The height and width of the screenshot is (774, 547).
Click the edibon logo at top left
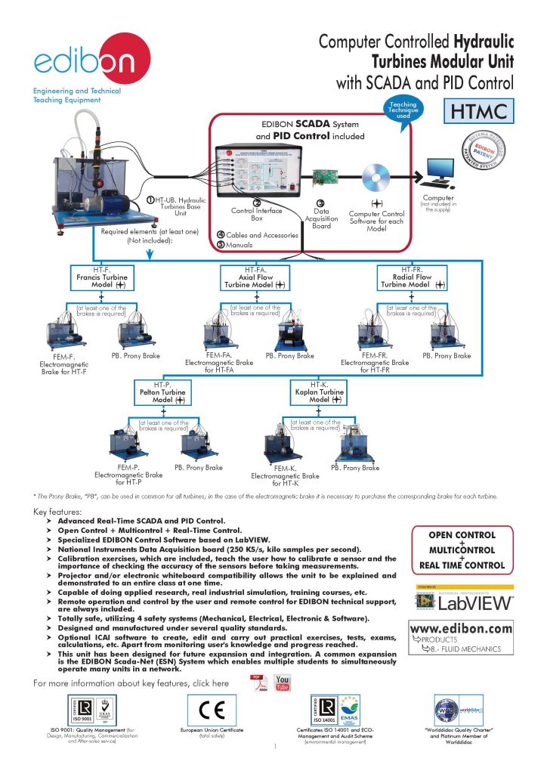point(82,60)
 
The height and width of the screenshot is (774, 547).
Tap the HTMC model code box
point(477,112)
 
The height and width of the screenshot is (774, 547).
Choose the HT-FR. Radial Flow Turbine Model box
point(412,277)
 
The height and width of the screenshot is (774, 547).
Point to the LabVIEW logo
point(462,600)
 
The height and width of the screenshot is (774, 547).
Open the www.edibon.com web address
point(462,628)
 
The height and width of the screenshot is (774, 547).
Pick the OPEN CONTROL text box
point(462,550)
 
